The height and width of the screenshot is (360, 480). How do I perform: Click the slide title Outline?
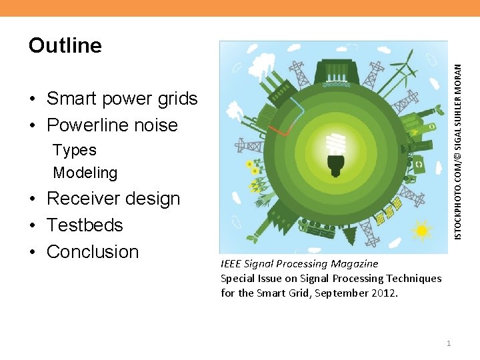point(65,45)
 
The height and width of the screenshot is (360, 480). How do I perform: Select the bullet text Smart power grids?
point(122,99)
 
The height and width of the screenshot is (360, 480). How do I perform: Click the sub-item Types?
point(75,151)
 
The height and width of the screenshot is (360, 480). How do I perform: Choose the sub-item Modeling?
point(85,173)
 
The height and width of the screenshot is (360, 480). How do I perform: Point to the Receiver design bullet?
point(113,199)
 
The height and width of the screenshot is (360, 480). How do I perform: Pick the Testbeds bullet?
point(85,225)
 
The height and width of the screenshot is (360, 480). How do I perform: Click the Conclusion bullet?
point(93,252)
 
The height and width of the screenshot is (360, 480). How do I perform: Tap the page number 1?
point(449,343)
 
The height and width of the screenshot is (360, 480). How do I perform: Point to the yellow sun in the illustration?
point(421,231)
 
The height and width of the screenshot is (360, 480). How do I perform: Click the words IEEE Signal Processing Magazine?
point(299,263)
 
